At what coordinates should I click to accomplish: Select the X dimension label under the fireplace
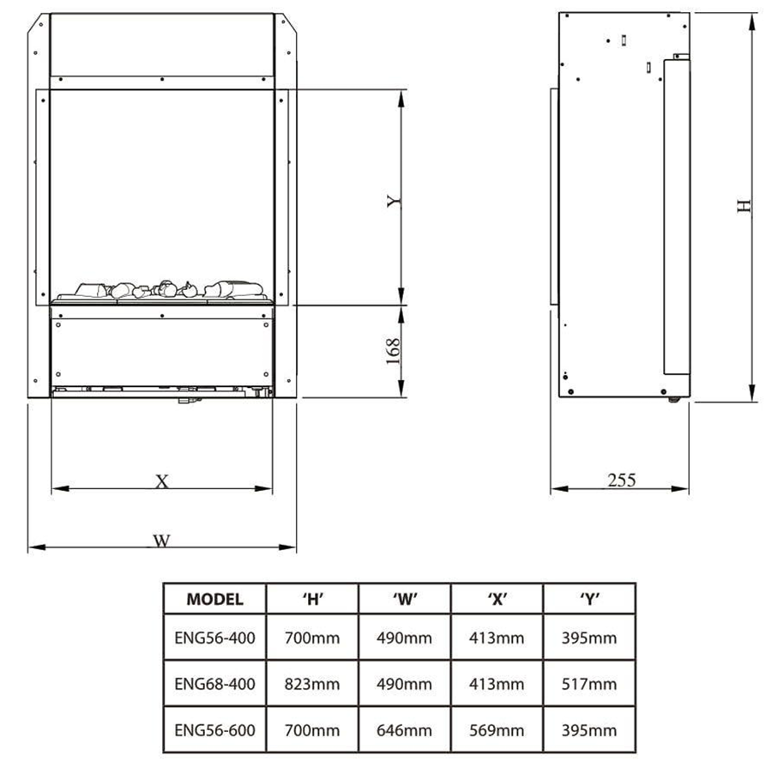161,481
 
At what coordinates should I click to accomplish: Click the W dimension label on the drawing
160,541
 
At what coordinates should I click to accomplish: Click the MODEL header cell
214,600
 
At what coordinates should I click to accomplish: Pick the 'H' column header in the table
312,600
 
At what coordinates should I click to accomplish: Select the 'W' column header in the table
405,600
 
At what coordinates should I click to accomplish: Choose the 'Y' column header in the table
589,600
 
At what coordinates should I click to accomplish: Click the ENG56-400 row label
214,638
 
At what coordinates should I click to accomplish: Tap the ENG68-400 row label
214,684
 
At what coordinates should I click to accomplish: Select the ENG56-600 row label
214,730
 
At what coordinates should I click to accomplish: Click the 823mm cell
312,684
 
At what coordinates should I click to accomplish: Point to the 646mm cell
405,730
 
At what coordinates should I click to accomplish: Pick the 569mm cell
498,730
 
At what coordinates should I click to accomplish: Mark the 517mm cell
589,684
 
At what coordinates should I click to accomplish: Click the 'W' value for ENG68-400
405,684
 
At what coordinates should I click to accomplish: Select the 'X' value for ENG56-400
498,638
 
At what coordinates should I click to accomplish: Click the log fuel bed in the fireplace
163,289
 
